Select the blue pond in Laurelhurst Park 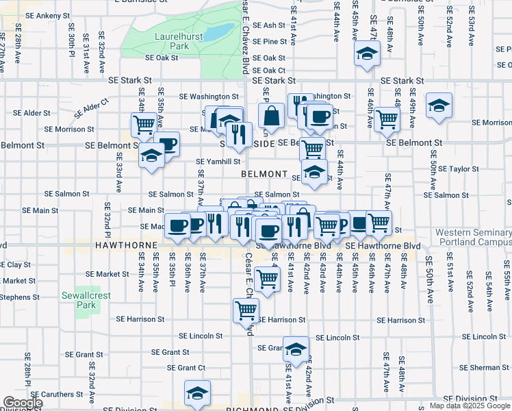click(x=218, y=32)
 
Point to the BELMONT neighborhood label click(x=263, y=174)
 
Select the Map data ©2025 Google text click(x=470, y=406)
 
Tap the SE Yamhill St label click(x=218, y=162)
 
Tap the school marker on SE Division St click(x=197, y=394)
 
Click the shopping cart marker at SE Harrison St click(x=246, y=310)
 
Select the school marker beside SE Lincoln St click(x=296, y=351)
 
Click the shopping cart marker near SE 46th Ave click(x=387, y=119)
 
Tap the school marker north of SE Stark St click(x=367, y=53)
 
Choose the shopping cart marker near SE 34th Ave click(x=144, y=125)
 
